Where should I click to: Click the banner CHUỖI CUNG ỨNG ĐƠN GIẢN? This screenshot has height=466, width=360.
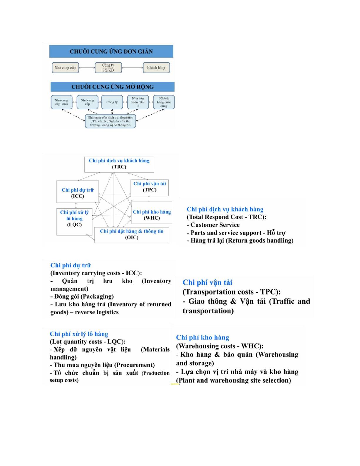[111, 51]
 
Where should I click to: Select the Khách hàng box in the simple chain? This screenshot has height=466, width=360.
[156, 68]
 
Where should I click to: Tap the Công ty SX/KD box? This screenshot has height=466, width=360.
[108, 68]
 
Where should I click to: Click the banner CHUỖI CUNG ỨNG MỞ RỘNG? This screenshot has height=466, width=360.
[112, 87]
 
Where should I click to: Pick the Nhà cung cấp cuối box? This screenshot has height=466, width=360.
[61, 102]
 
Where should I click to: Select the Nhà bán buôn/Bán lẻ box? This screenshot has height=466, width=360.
[138, 102]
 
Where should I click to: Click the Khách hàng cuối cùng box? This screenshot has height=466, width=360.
[164, 102]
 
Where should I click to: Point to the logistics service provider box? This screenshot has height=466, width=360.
[110, 121]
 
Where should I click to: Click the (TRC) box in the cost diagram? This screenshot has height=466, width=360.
[119, 164]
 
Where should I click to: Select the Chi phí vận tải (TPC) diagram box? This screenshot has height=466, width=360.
[150, 187]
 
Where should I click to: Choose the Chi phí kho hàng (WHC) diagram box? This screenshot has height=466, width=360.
[152, 215]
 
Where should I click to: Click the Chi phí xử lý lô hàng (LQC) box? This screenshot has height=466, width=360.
[74, 219]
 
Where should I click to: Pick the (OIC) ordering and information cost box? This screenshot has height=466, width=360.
[132, 235]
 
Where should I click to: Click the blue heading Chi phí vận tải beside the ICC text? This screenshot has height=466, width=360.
[207, 282]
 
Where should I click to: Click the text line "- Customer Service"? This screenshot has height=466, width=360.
[213, 225]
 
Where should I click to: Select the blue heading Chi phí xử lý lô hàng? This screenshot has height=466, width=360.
[79, 334]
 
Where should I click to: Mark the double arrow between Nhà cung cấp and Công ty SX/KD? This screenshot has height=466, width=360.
[87, 68]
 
